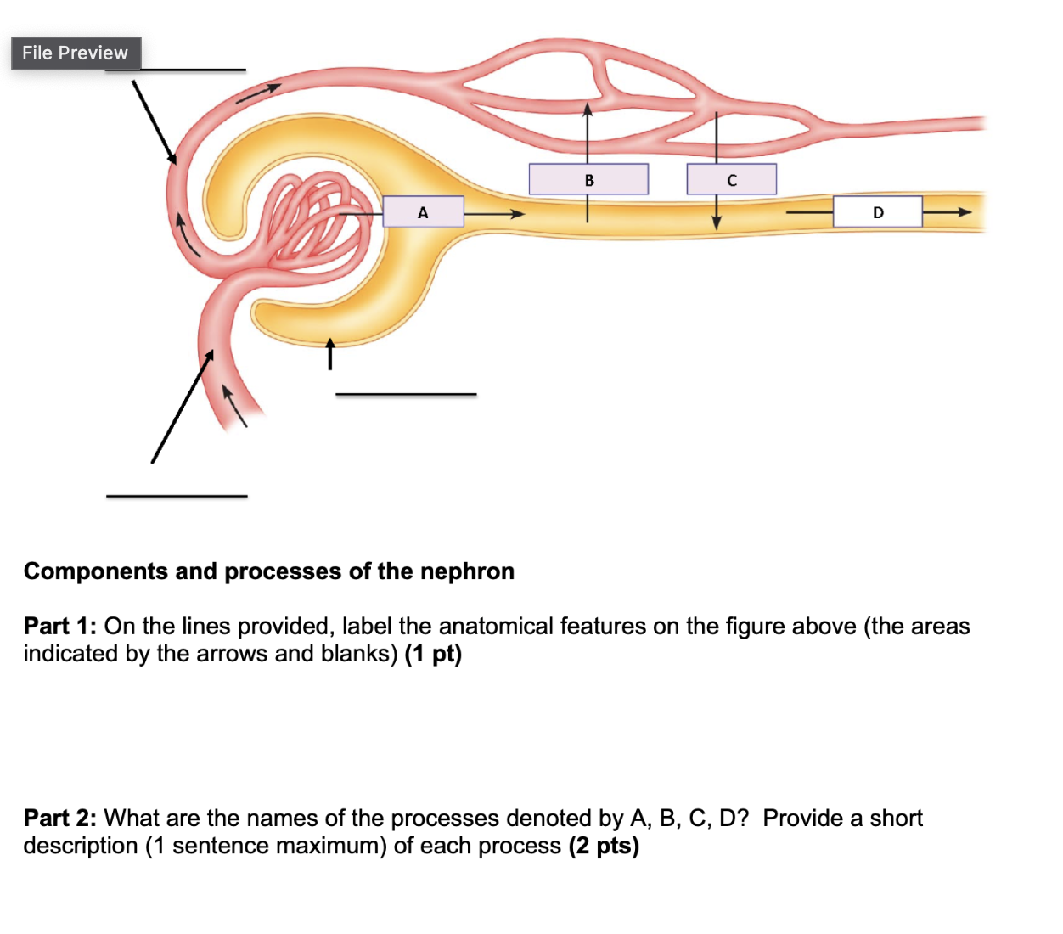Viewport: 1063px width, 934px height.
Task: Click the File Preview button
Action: coord(76,53)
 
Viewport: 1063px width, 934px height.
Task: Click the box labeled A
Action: coord(423,212)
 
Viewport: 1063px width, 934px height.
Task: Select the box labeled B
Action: coord(588,180)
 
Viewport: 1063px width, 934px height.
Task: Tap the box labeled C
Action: coord(731,180)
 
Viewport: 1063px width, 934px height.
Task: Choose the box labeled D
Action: coord(877,212)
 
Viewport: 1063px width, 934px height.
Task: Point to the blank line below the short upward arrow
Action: coord(406,394)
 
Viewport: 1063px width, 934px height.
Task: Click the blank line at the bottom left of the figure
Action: coord(177,496)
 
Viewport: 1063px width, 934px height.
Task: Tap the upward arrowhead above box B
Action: coord(588,109)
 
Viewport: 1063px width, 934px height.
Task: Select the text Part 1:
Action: coord(60,627)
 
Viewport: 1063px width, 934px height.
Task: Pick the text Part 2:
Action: coord(60,819)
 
